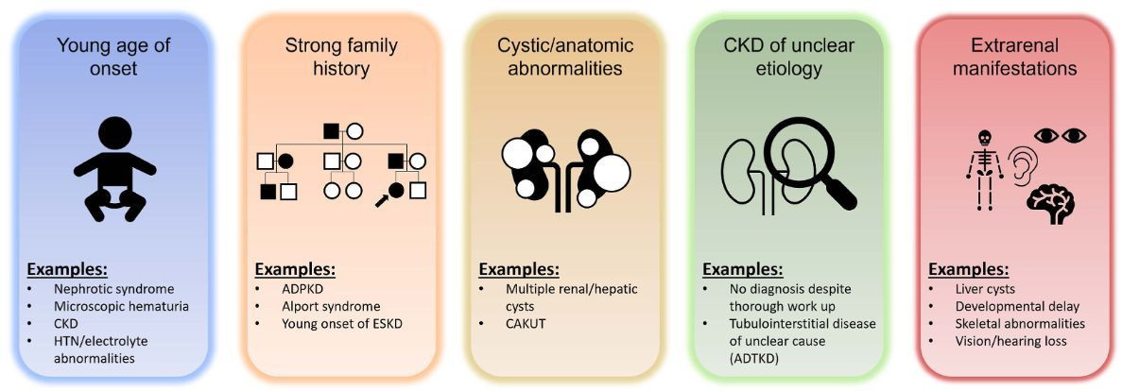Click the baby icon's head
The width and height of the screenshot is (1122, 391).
pos(114,134)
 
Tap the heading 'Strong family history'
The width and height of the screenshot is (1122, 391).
pos(341,58)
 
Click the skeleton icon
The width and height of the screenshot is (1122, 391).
pos(985,170)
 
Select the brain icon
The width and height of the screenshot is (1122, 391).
pos(1050,201)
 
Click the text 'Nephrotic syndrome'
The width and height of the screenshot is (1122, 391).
pos(113,290)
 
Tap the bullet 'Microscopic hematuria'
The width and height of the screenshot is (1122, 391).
pos(122,307)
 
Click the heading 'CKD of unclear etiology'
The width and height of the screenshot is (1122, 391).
pos(789,58)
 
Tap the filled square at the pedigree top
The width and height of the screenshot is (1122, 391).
pos(331,131)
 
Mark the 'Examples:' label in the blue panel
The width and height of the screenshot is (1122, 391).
pos(67,271)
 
